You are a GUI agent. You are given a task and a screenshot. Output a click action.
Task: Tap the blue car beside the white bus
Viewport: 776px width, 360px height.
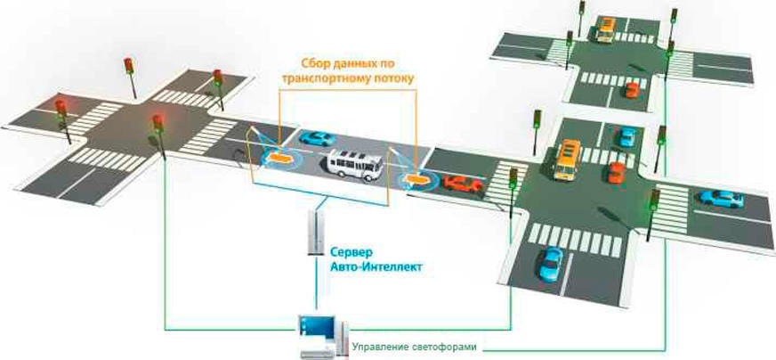click(x=316, y=139)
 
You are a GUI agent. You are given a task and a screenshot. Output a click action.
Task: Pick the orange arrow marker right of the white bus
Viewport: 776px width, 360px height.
click(x=414, y=179)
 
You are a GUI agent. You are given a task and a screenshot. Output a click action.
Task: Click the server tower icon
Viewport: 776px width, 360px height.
click(x=313, y=232)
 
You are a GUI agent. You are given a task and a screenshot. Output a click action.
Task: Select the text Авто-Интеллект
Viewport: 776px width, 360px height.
click(x=372, y=266)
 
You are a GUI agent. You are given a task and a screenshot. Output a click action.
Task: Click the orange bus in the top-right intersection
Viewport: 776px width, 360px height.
click(x=605, y=29)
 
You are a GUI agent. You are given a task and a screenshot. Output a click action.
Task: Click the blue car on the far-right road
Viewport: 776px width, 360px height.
click(x=720, y=198)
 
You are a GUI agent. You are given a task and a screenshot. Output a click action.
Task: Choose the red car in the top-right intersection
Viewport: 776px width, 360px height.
click(x=632, y=89)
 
